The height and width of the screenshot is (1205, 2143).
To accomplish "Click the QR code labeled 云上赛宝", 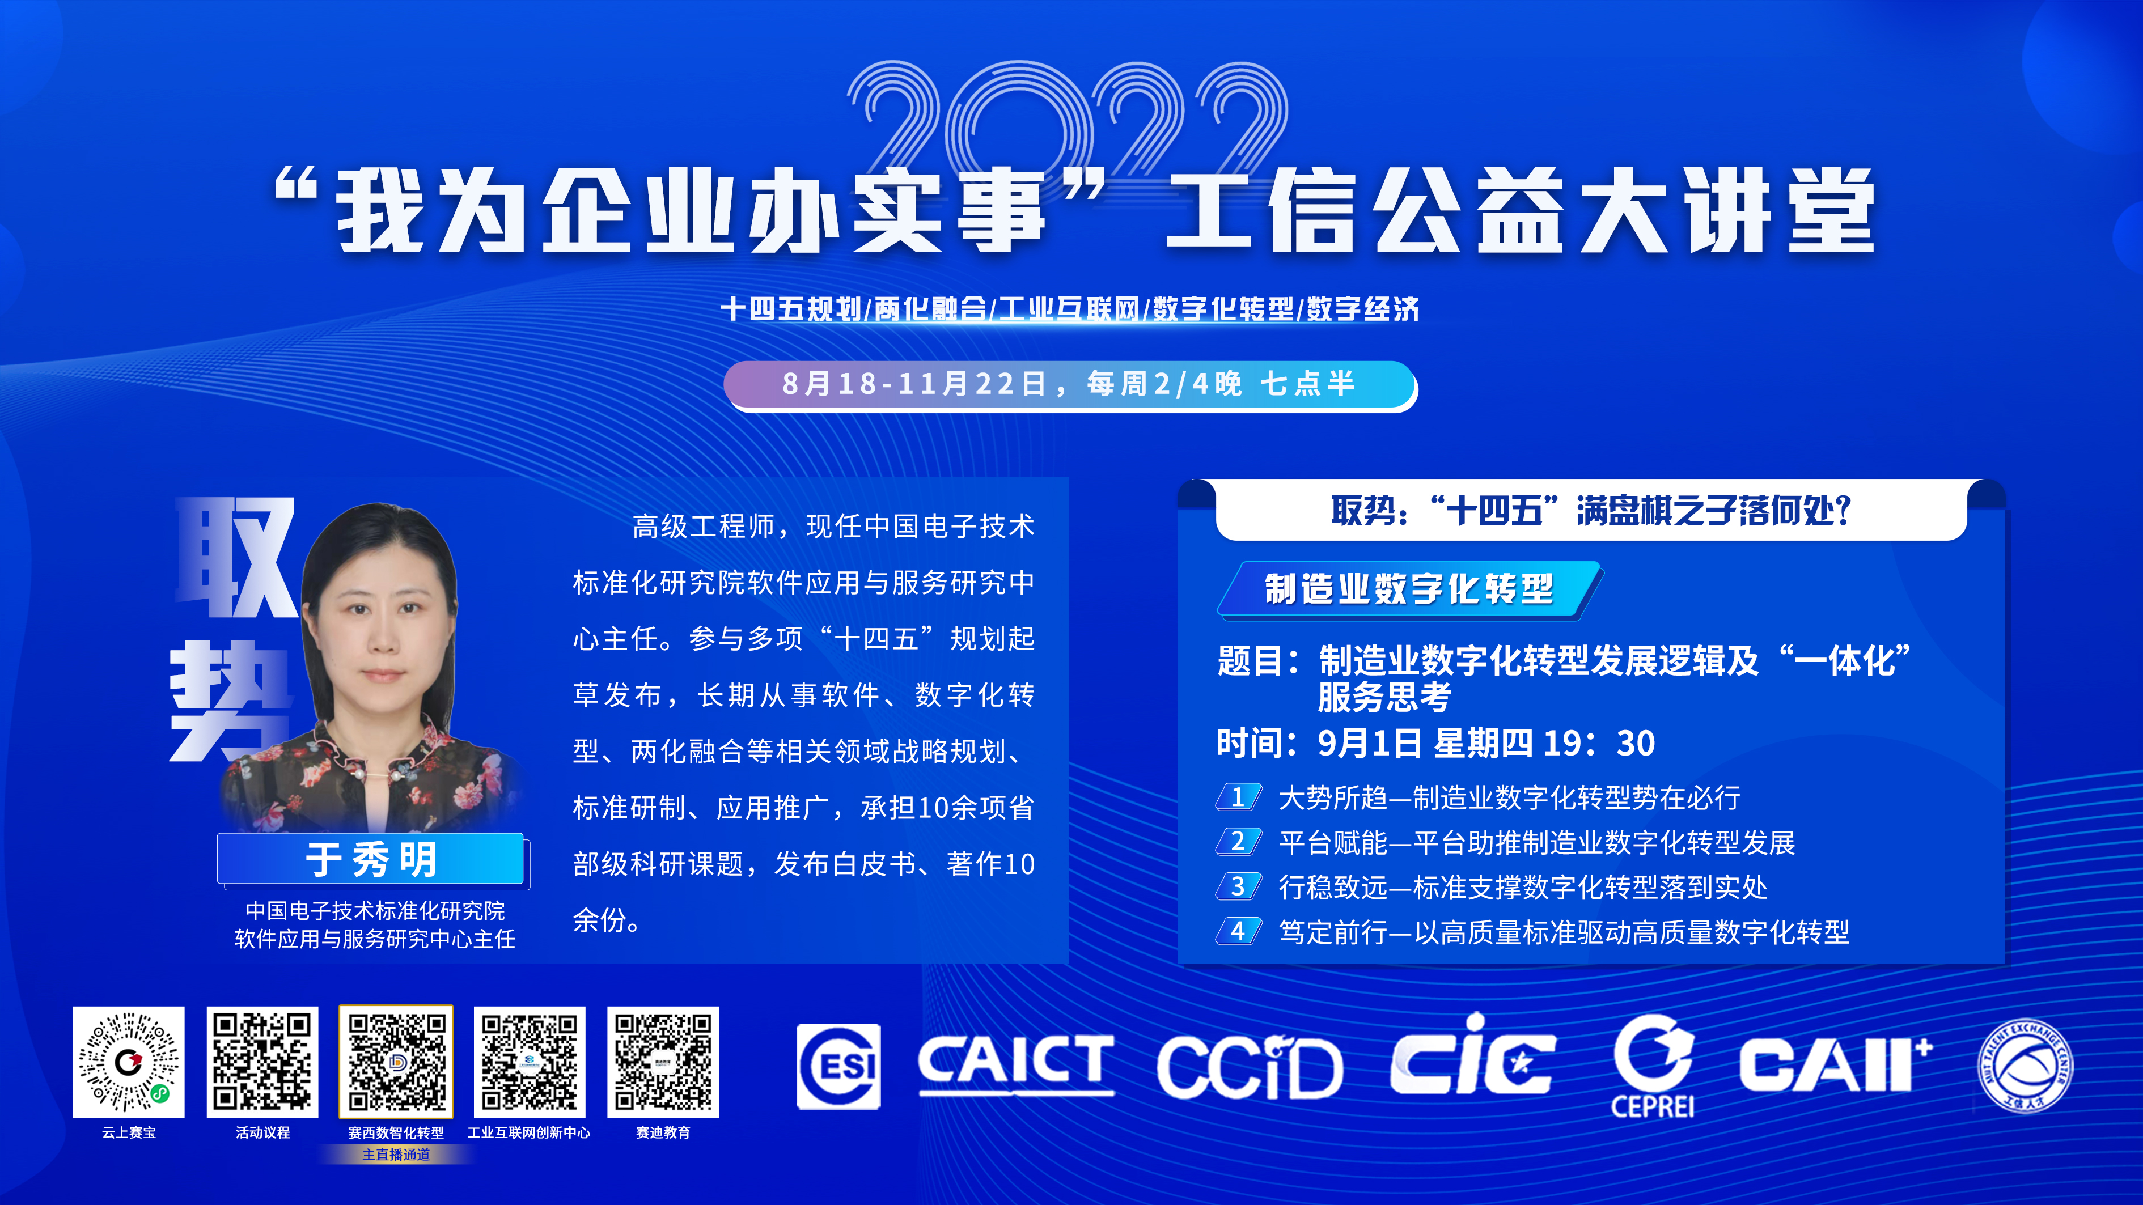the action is tap(128, 1062).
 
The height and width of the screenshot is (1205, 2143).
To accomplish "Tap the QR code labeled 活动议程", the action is tap(262, 1062).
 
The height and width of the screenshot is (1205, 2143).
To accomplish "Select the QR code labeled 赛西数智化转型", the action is tap(396, 1062).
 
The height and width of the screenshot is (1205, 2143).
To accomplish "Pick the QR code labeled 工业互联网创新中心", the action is tap(529, 1062).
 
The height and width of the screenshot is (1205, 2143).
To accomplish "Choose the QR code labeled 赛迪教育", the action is tap(663, 1062).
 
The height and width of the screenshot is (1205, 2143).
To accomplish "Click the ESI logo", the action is tap(838, 1066).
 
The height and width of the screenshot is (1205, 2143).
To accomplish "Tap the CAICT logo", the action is tap(1016, 1064).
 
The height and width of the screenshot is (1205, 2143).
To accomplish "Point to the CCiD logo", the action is tap(1250, 1067).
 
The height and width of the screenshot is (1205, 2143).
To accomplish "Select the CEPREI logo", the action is tap(1653, 1066).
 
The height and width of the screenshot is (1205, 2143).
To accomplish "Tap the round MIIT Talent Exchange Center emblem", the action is tap(2025, 1066).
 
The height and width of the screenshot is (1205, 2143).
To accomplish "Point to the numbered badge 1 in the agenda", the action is tap(1239, 797).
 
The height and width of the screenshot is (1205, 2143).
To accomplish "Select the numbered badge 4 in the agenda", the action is tap(1239, 931).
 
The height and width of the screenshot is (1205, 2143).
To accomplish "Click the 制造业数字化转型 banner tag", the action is tap(1409, 589).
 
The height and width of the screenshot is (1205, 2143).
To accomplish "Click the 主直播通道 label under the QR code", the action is tap(396, 1154).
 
